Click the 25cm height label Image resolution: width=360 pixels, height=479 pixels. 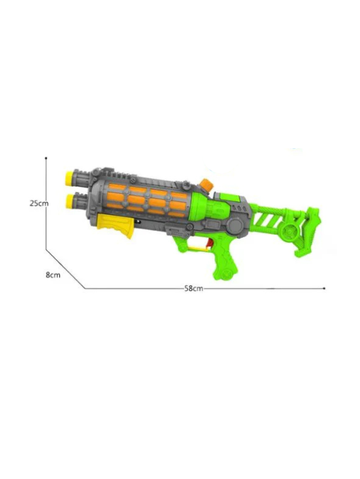38,204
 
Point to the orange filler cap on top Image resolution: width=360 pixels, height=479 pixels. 208,185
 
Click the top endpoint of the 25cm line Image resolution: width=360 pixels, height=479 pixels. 47,158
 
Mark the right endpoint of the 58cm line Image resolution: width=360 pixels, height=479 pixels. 325,288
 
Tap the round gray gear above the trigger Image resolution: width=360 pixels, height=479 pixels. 235,226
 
